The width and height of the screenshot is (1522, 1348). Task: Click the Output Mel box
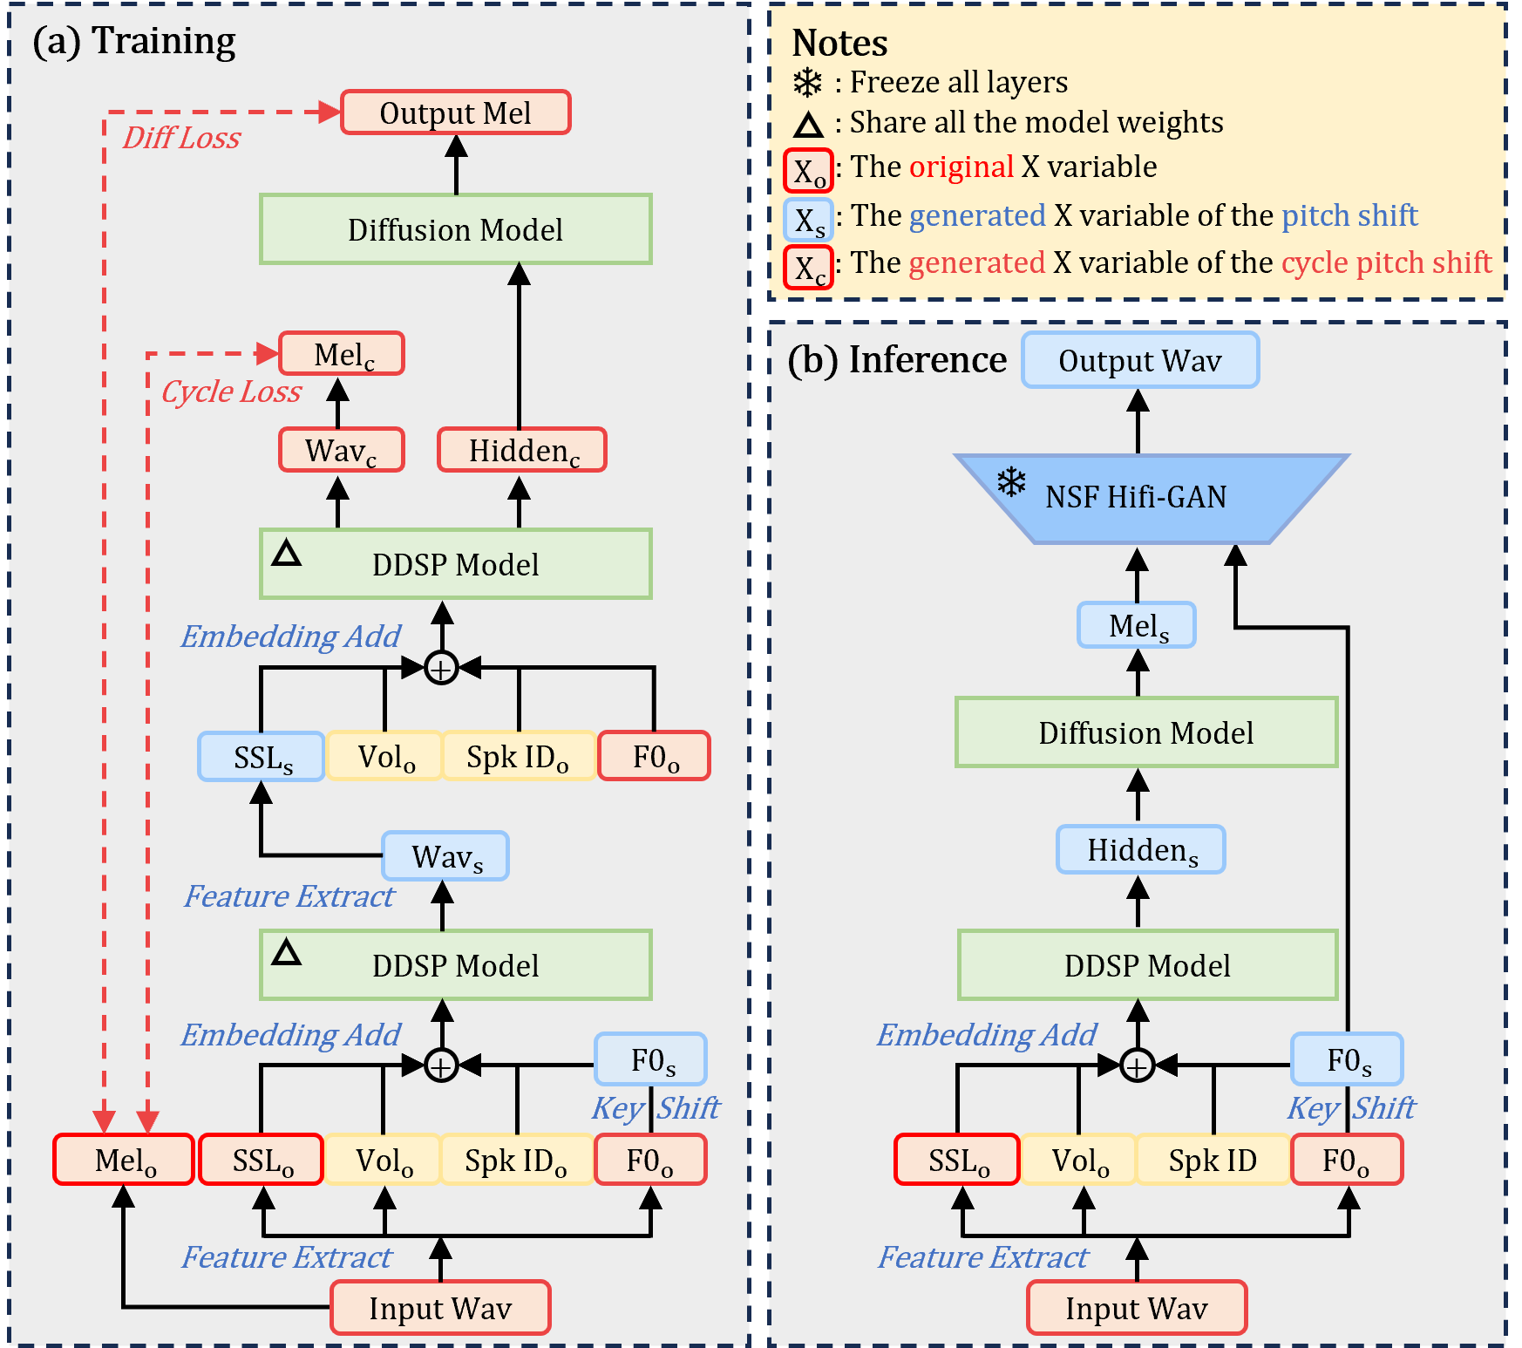(x=455, y=112)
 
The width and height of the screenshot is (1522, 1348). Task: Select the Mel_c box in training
(x=342, y=354)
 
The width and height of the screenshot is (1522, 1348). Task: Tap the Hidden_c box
(x=521, y=450)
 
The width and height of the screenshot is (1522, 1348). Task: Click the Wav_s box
(x=445, y=856)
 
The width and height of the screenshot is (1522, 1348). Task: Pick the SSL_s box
(x=262, y=756)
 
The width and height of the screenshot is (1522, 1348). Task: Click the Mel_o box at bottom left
(x=124, y=1160)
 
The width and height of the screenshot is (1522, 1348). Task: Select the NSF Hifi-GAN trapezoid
(x=1151, y=498)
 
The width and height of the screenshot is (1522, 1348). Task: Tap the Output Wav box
(x=1139, y=360)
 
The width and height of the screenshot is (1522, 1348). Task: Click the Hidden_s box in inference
(x=1140, y=849)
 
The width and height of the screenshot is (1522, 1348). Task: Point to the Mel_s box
(x=1137, y=625)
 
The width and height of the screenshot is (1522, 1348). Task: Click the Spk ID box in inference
(x=1213, y=1160)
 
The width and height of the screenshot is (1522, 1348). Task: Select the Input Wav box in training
(x=440, y=1308)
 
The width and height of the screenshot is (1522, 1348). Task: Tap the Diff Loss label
(x=181, y=138)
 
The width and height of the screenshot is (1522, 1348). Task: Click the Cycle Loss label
(x=231, y=391)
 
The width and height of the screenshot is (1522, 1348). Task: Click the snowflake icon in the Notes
(x=807, y=83)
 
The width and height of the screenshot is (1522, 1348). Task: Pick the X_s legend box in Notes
(x=808, y=220)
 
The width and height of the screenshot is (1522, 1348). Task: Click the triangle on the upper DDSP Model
(x=287, y=554)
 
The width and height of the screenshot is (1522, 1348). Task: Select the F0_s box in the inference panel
(x=1347, y=1059)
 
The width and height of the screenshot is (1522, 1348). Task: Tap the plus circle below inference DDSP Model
(x=1137, y=1065)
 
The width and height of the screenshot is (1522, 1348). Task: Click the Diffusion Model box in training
(x=455, y=229)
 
